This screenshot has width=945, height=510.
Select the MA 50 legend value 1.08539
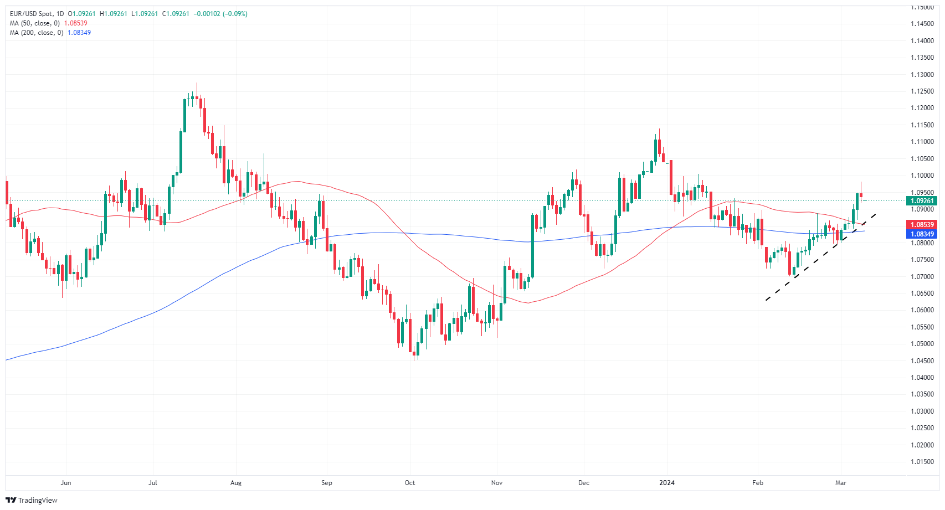(75, 23)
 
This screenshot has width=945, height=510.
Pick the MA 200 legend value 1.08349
(79, 33)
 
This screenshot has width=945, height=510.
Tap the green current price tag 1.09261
(922, 201)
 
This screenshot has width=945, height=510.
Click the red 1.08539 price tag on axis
(922, 225)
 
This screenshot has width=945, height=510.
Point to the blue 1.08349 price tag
(922, 234)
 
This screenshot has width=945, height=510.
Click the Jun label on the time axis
(66, 483)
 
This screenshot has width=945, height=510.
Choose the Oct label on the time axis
(410, 483)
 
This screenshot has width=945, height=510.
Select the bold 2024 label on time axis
(667, 483)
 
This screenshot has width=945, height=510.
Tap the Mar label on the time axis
(841, 483)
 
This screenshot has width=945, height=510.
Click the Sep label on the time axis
(327, 483)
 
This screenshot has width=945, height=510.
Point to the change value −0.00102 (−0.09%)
(220, 14)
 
